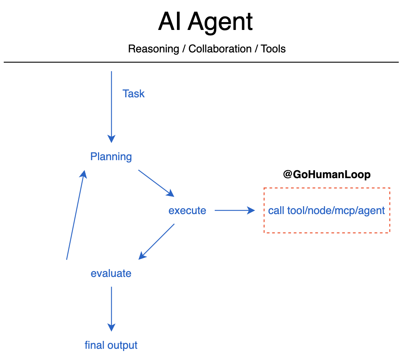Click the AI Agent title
click(205, 22)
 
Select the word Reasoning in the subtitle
click(153, 49)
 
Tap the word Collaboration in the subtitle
click(220, 49)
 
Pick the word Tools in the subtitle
click(273, 49)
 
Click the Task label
click(134, 94)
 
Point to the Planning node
click(111, 156)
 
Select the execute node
click(187, 210)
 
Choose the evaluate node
click(111, 273)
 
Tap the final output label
click(111, 345)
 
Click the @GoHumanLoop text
click(327, 174)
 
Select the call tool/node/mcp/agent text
click(327, 210)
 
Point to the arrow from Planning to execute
click(156, 183)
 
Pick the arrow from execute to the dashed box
click(235, 210)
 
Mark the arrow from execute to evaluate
click(157, 241)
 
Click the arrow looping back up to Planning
click(76, 214)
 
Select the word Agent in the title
click(220, 22)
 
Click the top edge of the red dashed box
click(327, 188)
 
